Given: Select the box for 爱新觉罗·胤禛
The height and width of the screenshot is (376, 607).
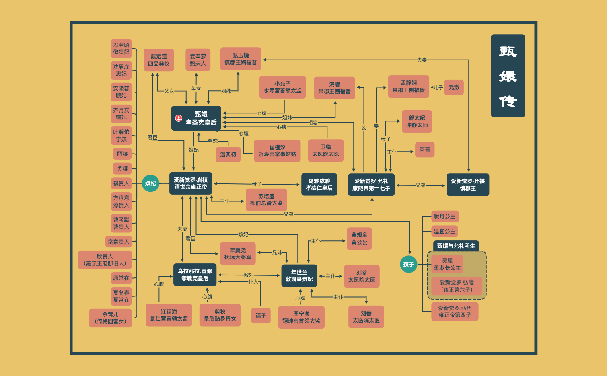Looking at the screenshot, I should [191, 183].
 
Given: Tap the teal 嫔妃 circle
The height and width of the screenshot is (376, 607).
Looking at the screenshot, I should [150, 183].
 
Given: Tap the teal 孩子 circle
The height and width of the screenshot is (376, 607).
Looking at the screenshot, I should [409, 264].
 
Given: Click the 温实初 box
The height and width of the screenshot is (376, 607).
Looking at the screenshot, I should [228, 154].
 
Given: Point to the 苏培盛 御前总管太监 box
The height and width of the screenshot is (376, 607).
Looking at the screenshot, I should [266, 200].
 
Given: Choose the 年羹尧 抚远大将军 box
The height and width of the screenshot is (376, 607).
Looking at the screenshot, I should [238, 254].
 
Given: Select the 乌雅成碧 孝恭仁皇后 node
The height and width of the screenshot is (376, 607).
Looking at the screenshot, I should [319, 185].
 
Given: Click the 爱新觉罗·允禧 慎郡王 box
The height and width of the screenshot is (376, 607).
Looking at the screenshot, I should [468, 185].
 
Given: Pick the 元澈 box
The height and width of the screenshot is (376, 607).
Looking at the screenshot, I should [454, 87].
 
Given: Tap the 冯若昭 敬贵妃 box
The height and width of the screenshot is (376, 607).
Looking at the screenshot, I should [121, 49].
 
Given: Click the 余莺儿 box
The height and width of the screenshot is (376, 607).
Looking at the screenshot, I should [110, 318].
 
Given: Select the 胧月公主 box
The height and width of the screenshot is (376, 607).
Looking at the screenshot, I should [444, 217].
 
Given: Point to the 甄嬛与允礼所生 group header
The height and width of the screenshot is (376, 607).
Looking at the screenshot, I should [456, 246].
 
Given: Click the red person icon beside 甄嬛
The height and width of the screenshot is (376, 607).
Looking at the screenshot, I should [179, 118].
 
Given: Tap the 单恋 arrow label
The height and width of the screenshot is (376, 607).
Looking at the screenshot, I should [212, 141].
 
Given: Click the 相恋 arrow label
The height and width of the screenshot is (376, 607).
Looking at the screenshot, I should [313, 122].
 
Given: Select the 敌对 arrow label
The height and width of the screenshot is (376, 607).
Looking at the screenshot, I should [249, 275].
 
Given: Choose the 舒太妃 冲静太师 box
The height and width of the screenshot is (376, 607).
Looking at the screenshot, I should [417, 121].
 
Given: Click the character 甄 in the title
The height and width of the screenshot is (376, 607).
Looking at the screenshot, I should [508, 51].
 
